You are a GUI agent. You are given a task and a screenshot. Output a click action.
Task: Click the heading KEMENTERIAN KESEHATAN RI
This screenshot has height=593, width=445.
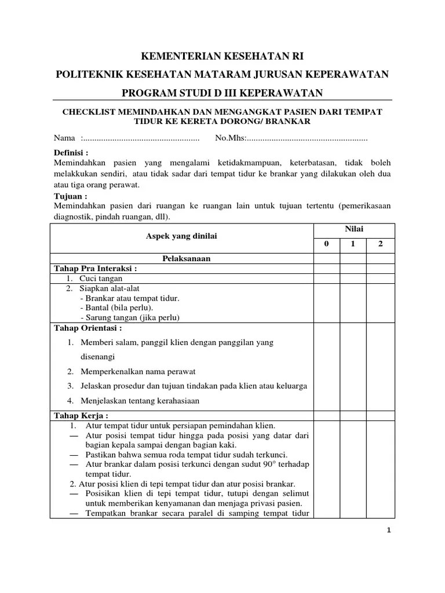click(x=222, y=56)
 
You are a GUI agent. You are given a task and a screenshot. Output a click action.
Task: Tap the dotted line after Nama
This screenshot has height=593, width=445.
click(x=140, y=138)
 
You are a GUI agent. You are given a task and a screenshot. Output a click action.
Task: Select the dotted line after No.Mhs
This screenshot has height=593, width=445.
click(x=307, y=138)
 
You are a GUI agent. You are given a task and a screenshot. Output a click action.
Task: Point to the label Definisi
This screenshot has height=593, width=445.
click(x=71, y=153)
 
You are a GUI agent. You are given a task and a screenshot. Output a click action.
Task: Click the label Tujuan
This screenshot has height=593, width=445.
click(x=70, y=196)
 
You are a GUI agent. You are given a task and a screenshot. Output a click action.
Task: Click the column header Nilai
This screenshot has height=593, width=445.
click(x=354, y=229)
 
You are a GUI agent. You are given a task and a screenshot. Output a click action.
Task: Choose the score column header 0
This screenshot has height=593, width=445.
click(x=326, y=244)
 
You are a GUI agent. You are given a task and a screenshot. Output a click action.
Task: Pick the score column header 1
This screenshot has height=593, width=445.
click(x=353, y=244)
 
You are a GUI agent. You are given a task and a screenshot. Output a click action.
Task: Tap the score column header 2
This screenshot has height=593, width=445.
click(x=380, y=244)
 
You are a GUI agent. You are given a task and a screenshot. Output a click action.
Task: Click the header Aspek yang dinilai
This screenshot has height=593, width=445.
click(x=181, y=236)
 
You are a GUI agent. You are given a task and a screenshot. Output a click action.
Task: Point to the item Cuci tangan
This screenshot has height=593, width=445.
click(x=101, y=279)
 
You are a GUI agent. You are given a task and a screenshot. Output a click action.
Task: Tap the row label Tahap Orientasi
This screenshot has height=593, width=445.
click(x=87, y=327)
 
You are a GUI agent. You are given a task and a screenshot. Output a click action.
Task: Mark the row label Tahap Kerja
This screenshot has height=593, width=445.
click(x=81, y=416)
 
